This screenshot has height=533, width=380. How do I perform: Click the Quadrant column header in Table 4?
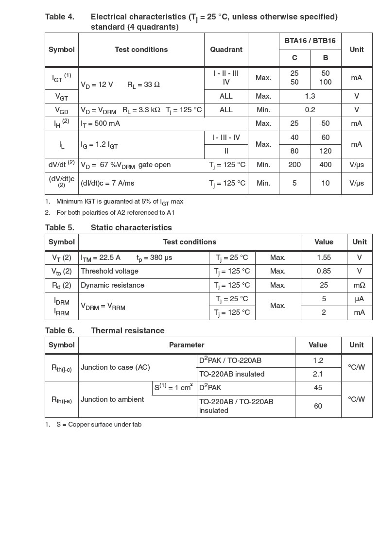[226, 50]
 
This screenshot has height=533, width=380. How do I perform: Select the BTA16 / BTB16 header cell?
[310, 41]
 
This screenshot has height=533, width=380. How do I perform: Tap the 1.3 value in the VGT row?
[310, 96]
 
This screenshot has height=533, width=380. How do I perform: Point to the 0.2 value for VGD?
[310, 110]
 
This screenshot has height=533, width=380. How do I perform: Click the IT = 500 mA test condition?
[101, 123]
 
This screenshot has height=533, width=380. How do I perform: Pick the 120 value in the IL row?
[325, 151]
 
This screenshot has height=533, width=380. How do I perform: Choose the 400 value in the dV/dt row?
[325, 165]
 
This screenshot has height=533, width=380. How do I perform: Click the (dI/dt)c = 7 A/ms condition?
[107, 183]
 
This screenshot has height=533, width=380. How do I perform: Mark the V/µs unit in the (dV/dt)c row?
[356, 183]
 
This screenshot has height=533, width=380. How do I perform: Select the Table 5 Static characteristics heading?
[108, 227]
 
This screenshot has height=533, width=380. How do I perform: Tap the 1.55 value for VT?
[324, 258]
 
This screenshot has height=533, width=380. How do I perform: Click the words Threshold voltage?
[109, 271]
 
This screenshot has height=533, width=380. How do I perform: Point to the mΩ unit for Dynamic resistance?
[359, 285]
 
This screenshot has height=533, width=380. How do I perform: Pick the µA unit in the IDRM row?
[359, 299]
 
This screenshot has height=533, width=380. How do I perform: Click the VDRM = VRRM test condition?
[103, 306]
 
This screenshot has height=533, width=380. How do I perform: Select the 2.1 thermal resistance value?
[318, 374]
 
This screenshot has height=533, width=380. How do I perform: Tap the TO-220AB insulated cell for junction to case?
[232, 374]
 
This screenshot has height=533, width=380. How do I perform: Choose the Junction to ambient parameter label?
[112, 399]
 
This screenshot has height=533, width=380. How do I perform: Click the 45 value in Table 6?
[318, 388]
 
